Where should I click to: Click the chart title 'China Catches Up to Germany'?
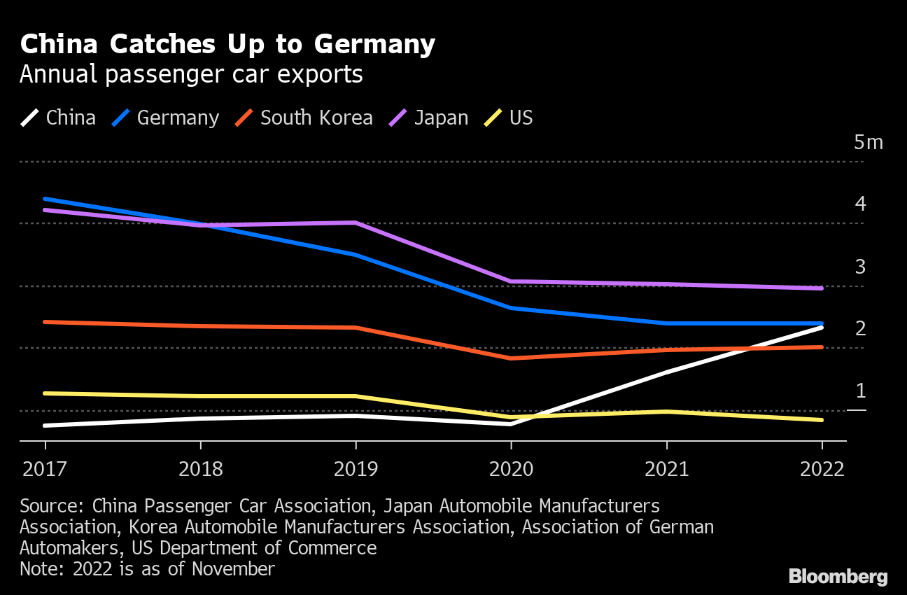[227, 45]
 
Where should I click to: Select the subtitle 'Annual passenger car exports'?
[191, 74]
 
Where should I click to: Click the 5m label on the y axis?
[869, 143]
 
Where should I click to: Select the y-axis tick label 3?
[861, 267]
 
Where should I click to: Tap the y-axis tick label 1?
[861, 391]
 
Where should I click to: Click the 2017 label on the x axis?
[45, 469]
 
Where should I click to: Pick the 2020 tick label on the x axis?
[511, 469]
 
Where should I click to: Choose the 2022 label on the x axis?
[822, 469]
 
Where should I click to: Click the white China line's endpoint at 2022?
[822, 327]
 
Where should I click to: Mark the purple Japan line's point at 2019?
[356, 223]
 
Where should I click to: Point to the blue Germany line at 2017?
[45, 199]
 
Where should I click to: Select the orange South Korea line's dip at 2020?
[511, 358]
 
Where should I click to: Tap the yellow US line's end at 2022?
[822, 420]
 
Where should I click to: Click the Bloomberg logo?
[838, 577]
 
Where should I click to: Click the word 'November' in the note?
[233, 569]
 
